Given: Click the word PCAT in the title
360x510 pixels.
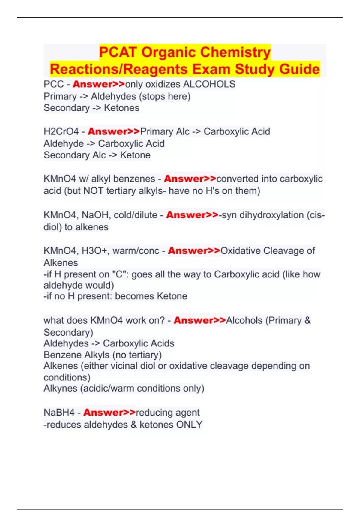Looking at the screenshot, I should [118, 52].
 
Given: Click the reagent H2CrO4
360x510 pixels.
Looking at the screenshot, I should [61, 131].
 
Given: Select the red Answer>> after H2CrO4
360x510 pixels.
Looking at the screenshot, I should [114, 131].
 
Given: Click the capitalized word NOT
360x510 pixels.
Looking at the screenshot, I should [93, 191].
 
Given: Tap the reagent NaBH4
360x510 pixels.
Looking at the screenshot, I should [59, 412].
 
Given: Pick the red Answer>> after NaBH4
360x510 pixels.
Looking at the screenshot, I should [109, 412].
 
